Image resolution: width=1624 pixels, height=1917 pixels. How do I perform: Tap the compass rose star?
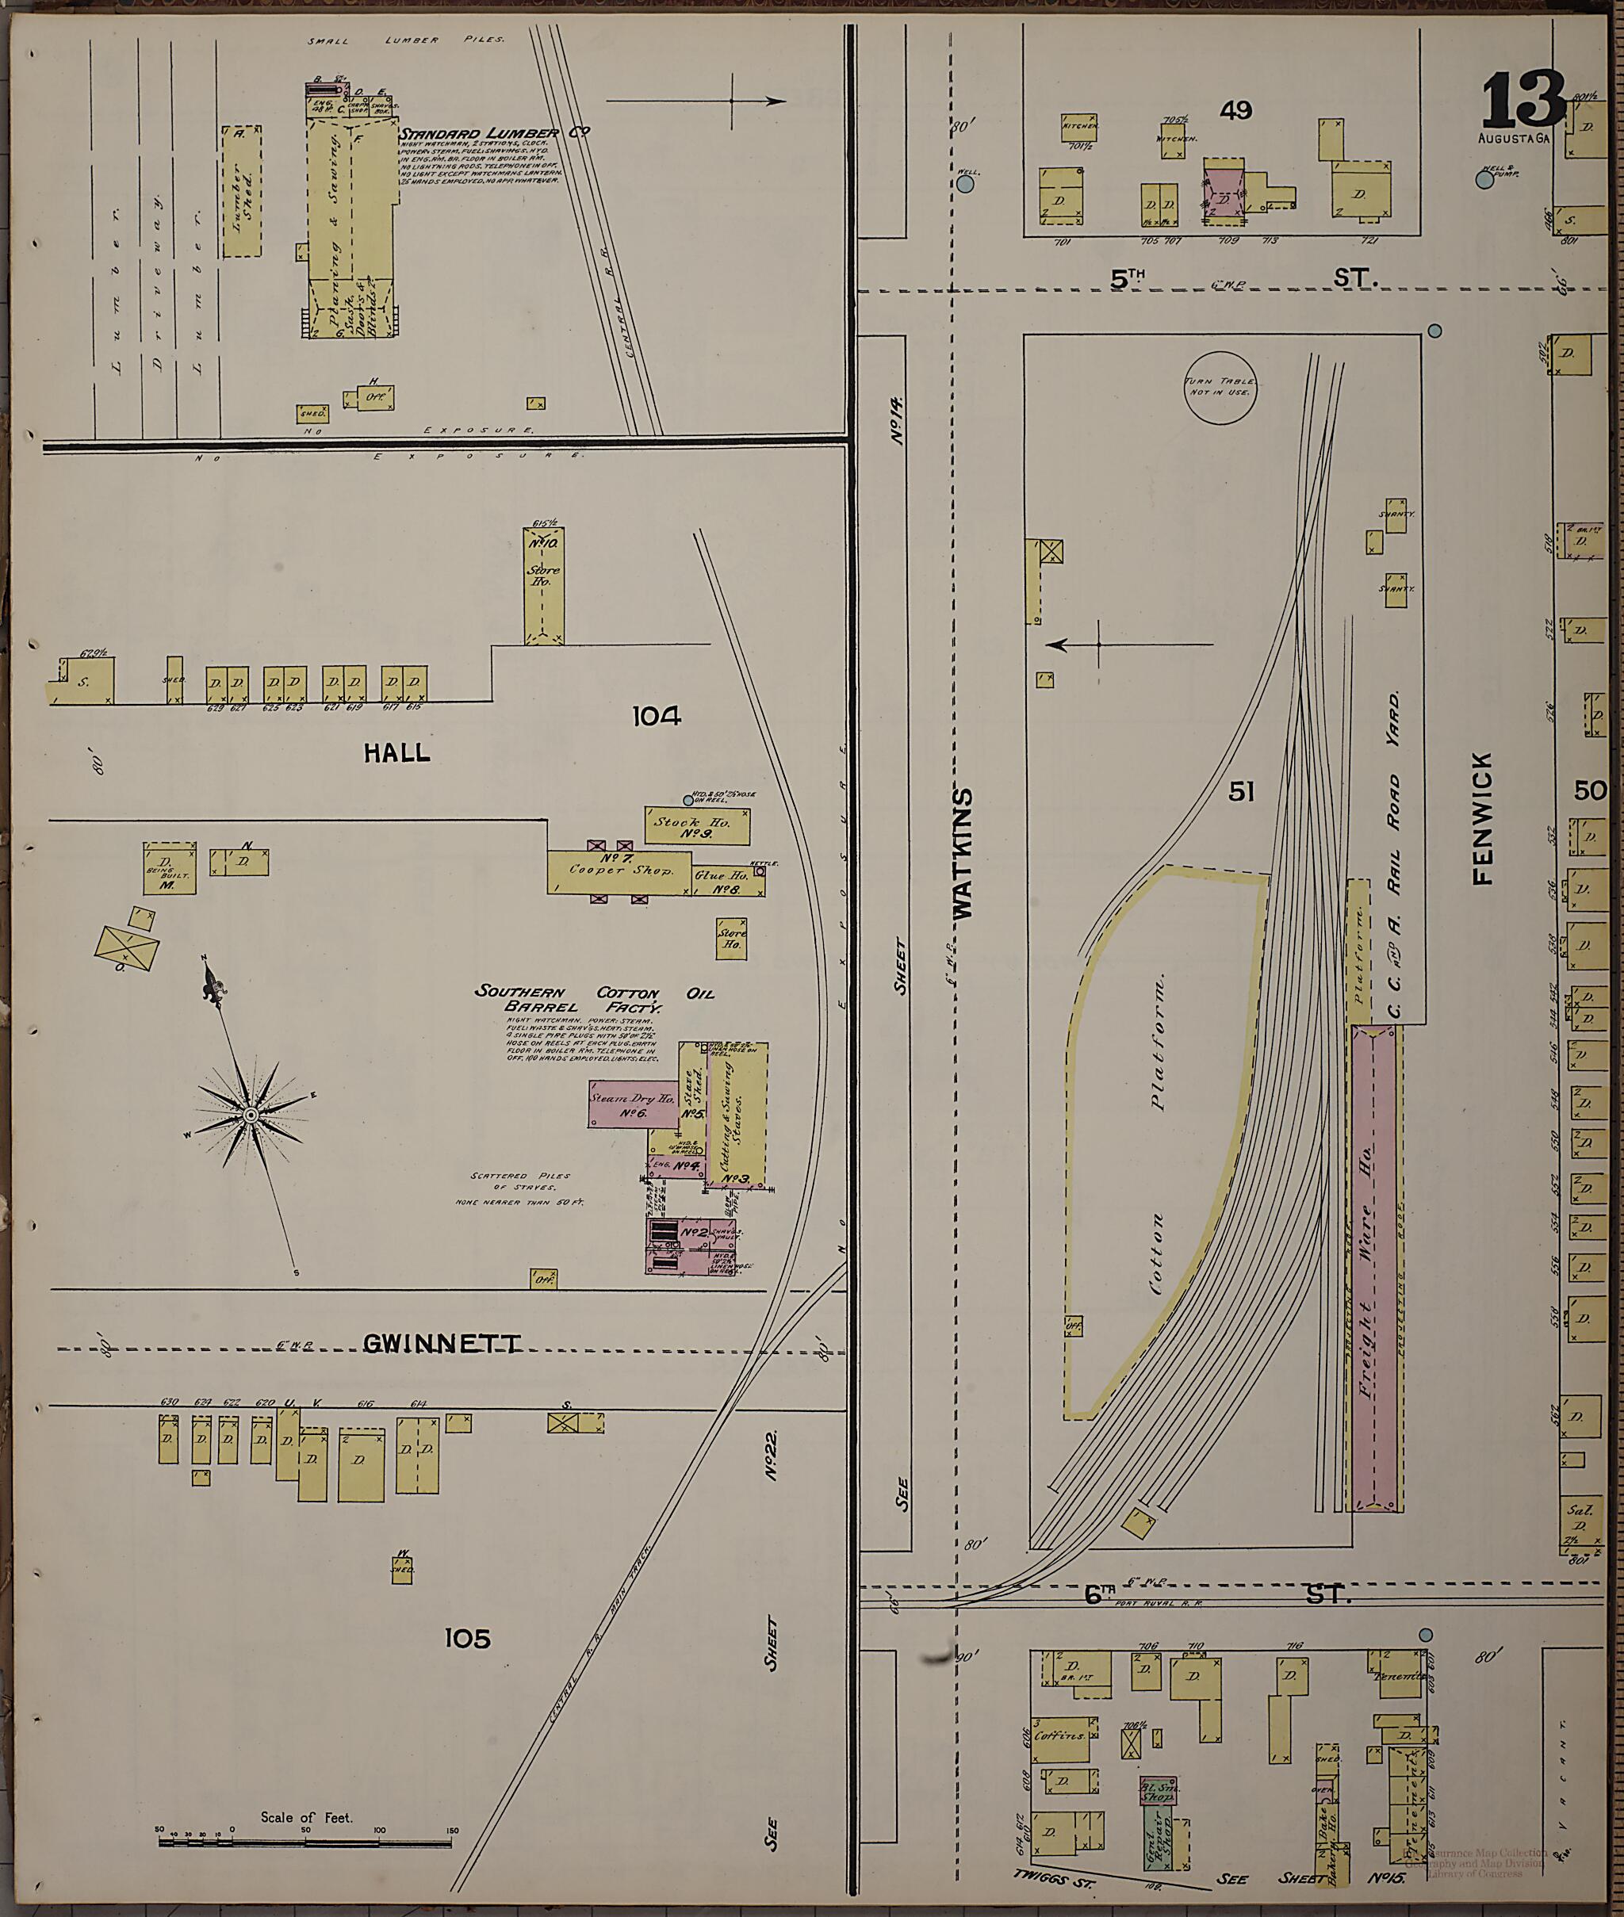click(x=250, y=1115)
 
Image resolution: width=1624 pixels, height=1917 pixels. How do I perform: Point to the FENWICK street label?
click(x=1482, y=819)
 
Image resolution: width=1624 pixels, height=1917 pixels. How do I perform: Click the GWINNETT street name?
click(x=442, y=1345)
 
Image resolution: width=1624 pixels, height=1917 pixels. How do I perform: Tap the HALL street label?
click(x=396, y=753)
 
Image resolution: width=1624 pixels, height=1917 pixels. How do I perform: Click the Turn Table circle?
click(x=1220, y=388)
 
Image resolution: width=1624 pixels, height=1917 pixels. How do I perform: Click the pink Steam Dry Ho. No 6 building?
click(x=633, y=1104)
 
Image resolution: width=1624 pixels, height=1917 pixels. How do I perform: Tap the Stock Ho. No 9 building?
click(x=696, y=825)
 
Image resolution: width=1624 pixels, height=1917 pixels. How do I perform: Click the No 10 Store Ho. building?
click(x=543, y=585)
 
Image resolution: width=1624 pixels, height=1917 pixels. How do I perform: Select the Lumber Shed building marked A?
click(x=241, y=191)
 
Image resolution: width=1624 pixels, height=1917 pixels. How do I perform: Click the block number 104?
click(x=657, y=715)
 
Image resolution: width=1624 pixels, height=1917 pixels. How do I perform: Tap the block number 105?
click(x=468, y=1639)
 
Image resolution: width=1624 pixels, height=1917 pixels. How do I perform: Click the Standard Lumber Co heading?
click(x=492, y=133)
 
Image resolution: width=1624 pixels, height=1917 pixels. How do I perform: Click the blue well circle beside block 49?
click(x=965, y=184)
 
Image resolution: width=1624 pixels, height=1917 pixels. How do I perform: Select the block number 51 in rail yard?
click(x=1241, y=791)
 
